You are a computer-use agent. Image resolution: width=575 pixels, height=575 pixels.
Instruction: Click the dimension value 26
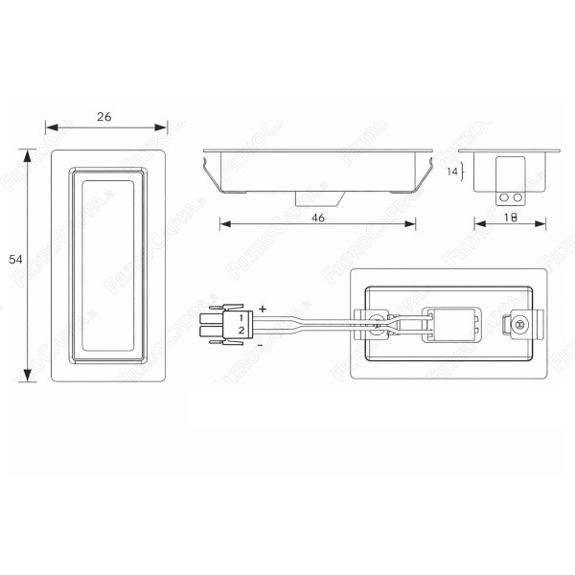(104, 116)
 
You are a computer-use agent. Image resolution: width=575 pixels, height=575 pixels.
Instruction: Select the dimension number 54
(15, 260)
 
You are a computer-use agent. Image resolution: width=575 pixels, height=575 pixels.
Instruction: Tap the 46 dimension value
(319, 218)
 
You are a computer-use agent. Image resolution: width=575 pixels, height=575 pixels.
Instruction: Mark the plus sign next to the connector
(263, 308)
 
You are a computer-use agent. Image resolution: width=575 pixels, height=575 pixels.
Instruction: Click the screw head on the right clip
(520, 325)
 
